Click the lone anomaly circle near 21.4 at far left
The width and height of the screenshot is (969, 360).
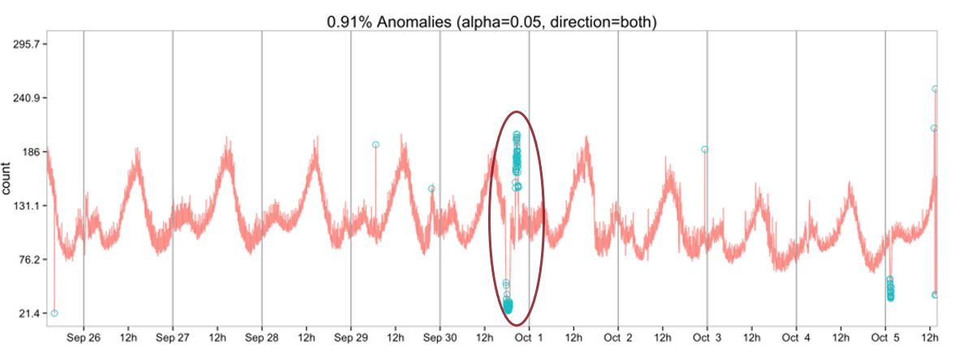(54, 313)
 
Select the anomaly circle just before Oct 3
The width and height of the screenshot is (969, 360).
(704, 150)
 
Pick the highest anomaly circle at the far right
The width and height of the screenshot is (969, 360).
(935, 89)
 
